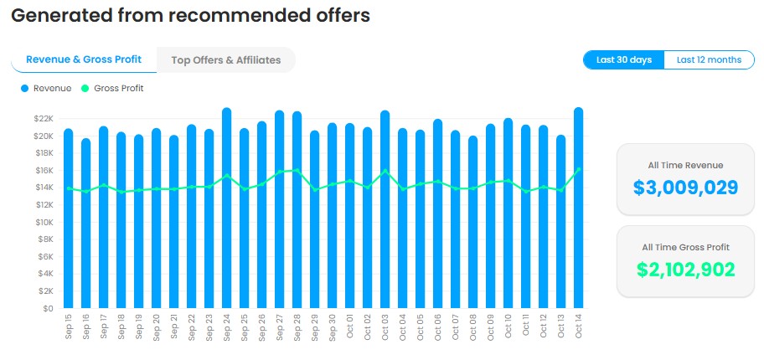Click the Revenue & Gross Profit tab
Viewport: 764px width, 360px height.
(84, 60)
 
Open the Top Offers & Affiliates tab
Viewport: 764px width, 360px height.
(225, 60)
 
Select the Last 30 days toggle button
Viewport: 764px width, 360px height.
(624, 60)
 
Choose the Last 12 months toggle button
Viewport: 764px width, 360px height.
(709, 60)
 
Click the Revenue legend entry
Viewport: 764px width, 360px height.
(45, 89)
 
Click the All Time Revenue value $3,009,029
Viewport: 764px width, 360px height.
(685, 187)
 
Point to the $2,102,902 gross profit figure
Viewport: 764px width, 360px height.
(685, 270)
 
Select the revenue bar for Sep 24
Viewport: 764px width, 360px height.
(226, 209)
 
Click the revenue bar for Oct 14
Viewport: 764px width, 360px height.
(578, 209)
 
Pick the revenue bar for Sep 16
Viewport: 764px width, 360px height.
(85, 226)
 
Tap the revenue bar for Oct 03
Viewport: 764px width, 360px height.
(385, 209)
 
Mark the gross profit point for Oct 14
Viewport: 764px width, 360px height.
(578, 169)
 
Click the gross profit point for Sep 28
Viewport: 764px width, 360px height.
(297, 171)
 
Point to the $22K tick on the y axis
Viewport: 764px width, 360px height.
(44, 119)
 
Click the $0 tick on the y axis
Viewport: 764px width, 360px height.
(48, 308)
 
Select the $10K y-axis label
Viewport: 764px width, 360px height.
(44, 222)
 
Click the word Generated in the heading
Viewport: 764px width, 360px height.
(59, 16)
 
